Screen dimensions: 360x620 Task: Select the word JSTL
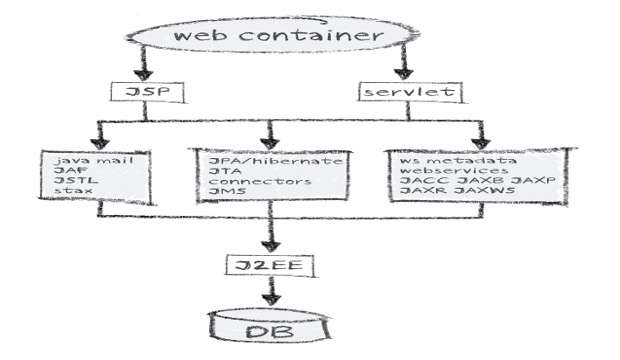[x=69, y=183]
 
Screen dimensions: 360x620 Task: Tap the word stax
[x=67, y=195]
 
